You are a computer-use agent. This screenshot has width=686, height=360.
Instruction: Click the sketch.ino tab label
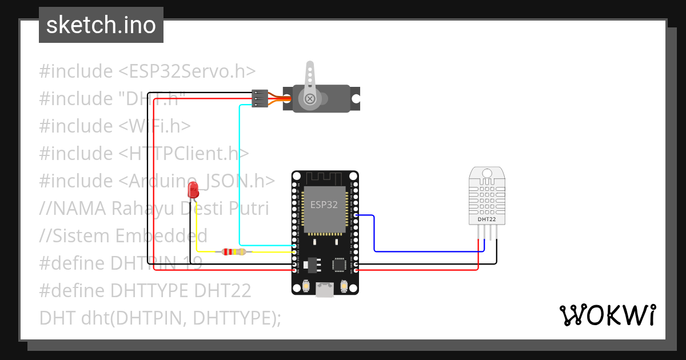click(x=101, y=25)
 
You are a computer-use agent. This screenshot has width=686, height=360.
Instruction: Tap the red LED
click(x=193, y=190)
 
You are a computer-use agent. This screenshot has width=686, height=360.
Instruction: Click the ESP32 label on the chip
click(x=324, y=205)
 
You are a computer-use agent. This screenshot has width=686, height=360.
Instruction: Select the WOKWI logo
click(x=607, y=315)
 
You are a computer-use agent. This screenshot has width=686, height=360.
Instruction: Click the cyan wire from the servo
click(x=240, y=171)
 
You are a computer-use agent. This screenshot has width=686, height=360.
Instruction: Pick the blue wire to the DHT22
click(x=374, y=234)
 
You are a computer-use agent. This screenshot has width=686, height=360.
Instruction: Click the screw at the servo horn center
click(x=310, y=99)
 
